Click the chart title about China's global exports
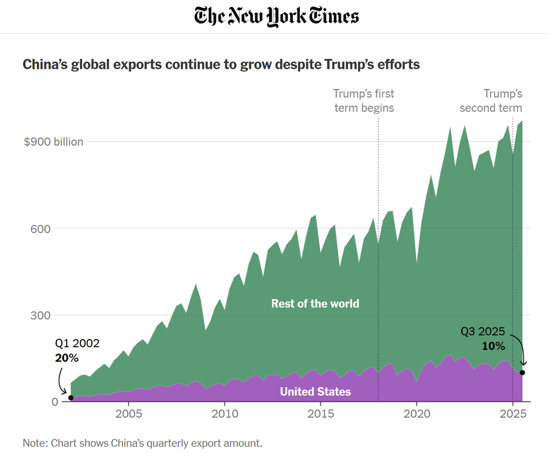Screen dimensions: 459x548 tap(221, 64)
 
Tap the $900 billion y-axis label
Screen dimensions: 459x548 tap(53, 142)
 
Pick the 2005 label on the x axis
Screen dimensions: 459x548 tap(128, 414)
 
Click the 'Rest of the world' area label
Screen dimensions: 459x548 tap(315, 303)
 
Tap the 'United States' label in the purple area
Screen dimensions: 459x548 tap(315, 392)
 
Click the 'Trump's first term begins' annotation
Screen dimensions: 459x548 tap(364, 100)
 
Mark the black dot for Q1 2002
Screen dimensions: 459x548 tap(71, 398)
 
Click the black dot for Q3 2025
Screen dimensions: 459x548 tap(522, 372)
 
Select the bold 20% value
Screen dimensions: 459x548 tap(67, 357)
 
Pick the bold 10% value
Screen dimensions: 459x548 tap(493, 346)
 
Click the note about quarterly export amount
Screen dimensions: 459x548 tap(142, 443)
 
